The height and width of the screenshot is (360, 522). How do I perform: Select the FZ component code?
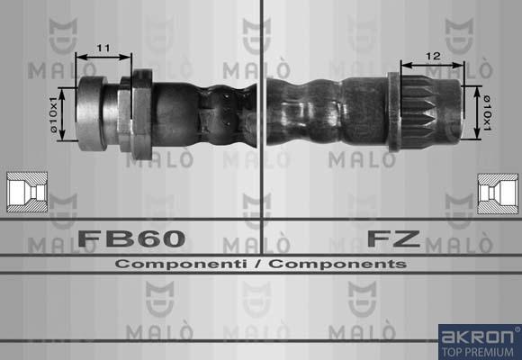(392, 238)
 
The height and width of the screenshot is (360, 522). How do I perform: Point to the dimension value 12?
(433, 55)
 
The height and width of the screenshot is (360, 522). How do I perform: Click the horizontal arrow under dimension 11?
(103, 57)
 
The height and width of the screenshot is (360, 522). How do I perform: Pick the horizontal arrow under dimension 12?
(433, 65)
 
